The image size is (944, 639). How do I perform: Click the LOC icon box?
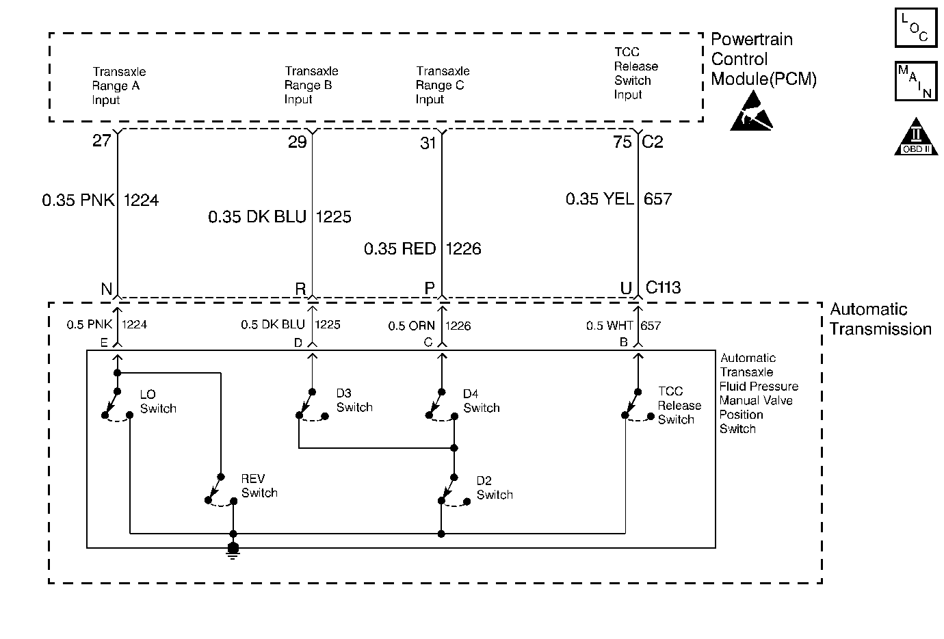click(916, 27)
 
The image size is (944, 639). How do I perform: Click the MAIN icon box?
click(916, 81)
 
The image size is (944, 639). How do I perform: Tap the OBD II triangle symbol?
click(916, 138)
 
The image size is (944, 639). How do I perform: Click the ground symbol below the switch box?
click(233, 551)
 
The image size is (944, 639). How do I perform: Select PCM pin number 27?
click(101, 140)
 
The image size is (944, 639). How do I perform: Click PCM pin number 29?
click(297, 142)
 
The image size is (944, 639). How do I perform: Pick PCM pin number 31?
click(428, 143)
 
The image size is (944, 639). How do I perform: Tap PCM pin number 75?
click(622, 142)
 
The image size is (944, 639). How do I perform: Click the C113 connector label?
click(664, 287)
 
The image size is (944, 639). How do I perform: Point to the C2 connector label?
click(653, 142)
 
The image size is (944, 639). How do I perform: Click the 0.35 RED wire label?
click(400, 248)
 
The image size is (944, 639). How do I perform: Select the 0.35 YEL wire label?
click(600, 199)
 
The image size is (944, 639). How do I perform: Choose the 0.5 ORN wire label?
click(411, 326)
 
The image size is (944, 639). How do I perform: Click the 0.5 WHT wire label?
click(609, 326)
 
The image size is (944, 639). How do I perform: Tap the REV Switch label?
click(259, 486)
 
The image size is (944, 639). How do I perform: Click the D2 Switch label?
click(495, 488)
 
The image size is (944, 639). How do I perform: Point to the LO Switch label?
click(158, 402)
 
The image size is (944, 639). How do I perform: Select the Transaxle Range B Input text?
click(311, 85)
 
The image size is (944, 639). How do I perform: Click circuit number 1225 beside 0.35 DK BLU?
click(333, 217)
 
